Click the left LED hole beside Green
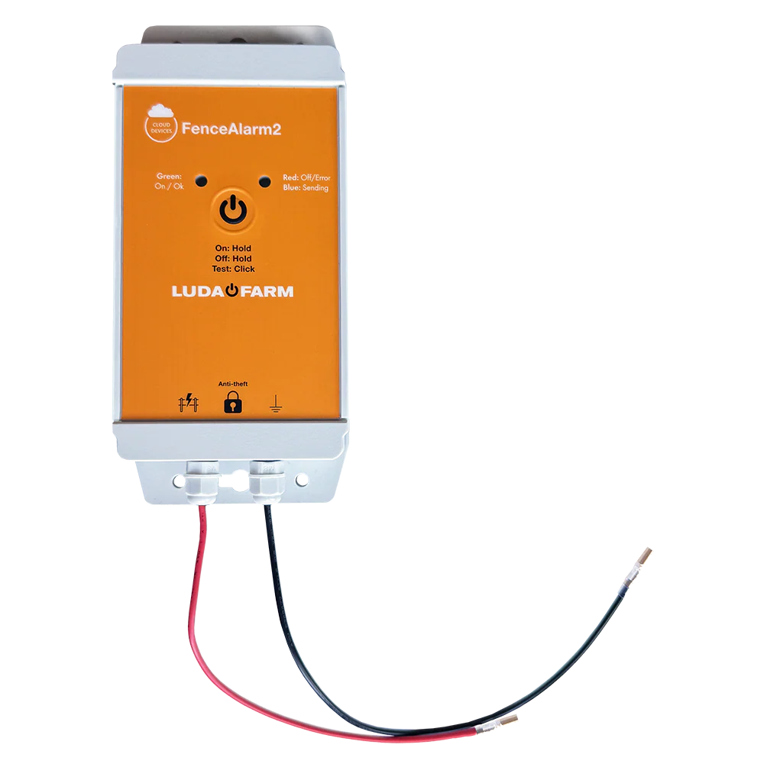point(201,181)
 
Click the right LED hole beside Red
point(265,181)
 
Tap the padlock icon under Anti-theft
point(232,403)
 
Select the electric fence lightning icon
point(188,403)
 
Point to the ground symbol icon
point(276,404)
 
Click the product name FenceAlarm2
point(231,129)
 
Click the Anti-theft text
point(232,384)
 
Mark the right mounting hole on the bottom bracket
point(303,480)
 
